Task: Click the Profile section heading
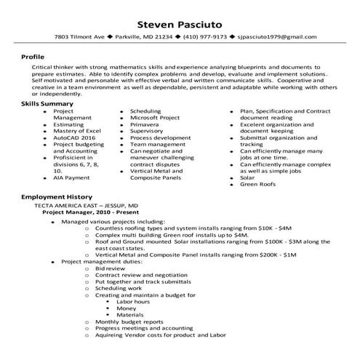pos(33,55)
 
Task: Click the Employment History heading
pos(55,197)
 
